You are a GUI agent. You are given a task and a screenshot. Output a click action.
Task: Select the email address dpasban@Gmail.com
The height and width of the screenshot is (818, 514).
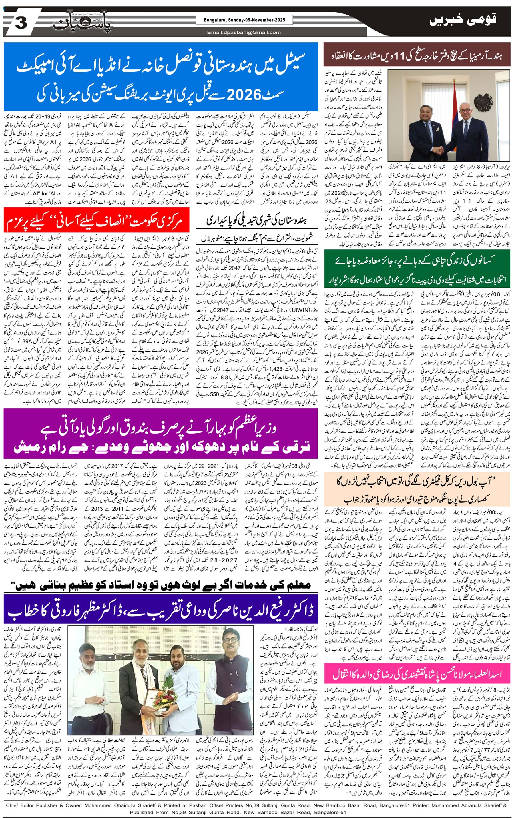pos(244,32)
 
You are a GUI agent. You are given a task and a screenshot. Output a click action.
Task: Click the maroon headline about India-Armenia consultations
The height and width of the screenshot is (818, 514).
pos(417,55)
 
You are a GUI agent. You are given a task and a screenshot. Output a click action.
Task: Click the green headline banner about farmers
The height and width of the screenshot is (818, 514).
pos(417,270)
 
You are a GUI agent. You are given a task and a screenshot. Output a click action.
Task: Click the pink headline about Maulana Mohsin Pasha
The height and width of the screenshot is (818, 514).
pos(417,674)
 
